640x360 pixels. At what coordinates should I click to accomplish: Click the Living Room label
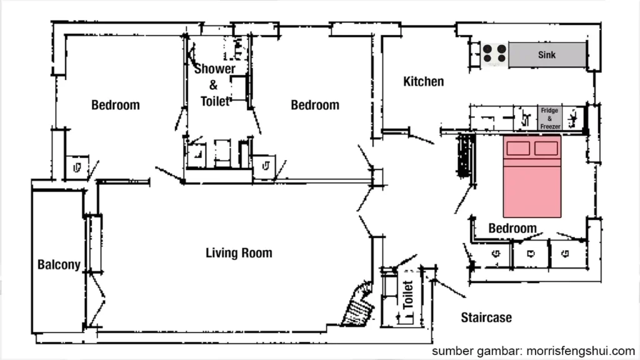tap(239, 253)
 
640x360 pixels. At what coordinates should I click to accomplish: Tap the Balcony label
tap(59, 264)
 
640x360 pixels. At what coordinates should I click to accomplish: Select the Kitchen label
tap(423, 81)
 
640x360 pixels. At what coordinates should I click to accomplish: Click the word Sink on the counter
tap(547, 55)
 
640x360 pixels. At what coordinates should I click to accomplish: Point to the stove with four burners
tap(494, 54)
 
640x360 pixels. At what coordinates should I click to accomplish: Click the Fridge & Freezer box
tap(549, 119)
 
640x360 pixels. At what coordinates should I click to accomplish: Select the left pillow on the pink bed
tap(518, 149)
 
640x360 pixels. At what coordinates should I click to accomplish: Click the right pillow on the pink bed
tap(546, 149)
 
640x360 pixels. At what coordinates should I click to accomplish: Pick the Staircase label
tap(486, 317)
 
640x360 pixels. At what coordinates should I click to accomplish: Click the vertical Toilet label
tap(407, 294)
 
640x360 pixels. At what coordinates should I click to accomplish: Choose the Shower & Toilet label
tap(214, 84)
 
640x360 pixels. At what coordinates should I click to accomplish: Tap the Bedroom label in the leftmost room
tap(116, 105)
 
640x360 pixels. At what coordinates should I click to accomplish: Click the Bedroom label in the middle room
tap(315, 105)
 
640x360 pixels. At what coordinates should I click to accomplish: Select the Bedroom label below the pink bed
tap(512, 228)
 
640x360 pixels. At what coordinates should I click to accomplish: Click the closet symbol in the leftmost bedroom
tap(77, 167)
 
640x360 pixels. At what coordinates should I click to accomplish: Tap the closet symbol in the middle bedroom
tap(266, 166)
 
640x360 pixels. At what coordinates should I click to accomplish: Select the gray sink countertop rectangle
tap(547, 55)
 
